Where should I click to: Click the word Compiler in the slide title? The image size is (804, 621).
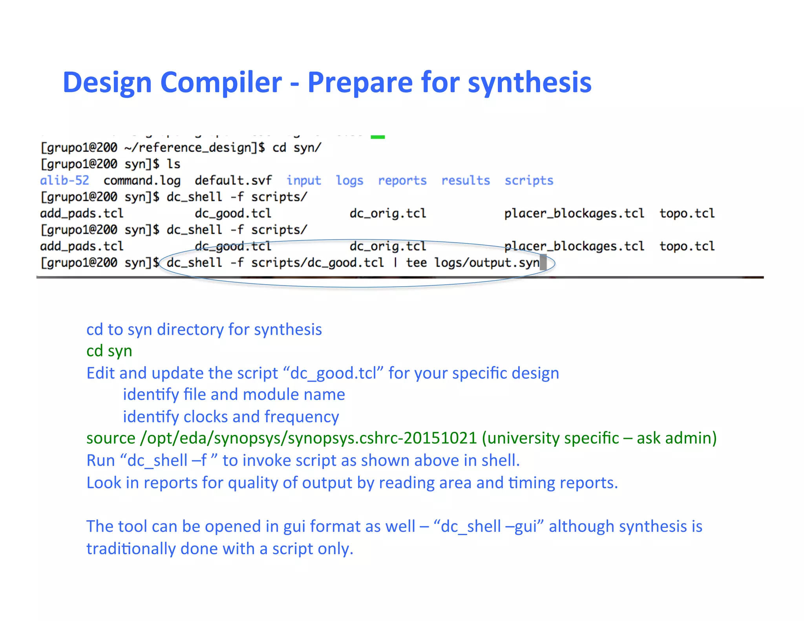221,82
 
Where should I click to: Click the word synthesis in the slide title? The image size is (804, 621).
530,83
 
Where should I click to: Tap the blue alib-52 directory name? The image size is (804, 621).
65,181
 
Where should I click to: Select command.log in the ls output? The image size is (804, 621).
142,181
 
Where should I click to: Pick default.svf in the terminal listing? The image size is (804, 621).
233,181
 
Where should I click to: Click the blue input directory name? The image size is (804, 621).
303,181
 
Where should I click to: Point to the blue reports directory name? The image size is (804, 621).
402,181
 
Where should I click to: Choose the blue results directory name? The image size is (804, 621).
466,181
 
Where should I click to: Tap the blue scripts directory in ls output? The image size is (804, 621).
529,181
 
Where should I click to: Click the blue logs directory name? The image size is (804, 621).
349,181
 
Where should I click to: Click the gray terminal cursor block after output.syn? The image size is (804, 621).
543,262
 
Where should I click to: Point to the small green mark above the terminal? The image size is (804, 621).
378,137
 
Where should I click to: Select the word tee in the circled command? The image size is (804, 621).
416,263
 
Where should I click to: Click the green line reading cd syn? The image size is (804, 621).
109,351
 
